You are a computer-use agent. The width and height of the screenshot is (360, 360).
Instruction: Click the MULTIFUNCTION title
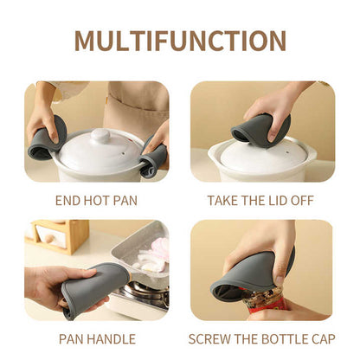tap(180, 40)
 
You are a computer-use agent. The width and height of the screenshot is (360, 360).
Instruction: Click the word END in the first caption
tap(68, 201)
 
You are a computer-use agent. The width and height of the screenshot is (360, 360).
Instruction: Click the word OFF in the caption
tap(299, 201)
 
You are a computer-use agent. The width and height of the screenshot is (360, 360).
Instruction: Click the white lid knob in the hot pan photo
tap(101, 136)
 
